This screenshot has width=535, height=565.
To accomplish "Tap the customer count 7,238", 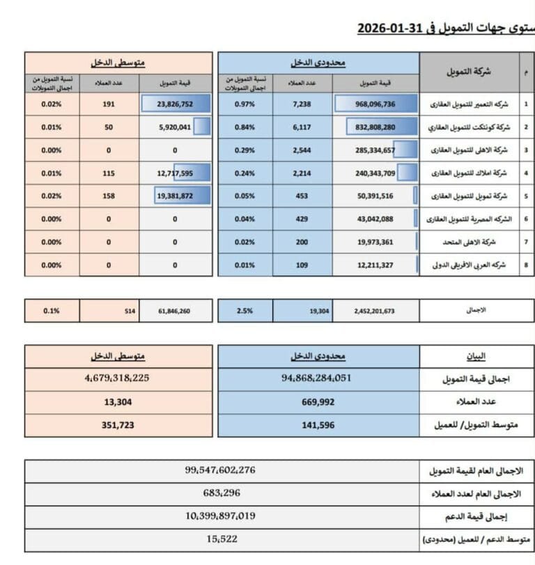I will [x=302, y=104].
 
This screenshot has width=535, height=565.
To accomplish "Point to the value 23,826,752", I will [x=175, y=104].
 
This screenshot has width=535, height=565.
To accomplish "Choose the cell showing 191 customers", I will [x=108, y=104].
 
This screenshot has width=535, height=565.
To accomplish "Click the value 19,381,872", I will [x=175, y=196].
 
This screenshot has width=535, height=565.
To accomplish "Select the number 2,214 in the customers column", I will [x=302, y=173].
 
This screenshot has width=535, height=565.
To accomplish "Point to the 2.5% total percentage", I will [x=245, y=311].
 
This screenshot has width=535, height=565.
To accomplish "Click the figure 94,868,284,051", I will [x=318, y=379].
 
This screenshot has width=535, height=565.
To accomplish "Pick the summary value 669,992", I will [x=318, y=402].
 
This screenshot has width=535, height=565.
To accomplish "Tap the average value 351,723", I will [x=118, y=425].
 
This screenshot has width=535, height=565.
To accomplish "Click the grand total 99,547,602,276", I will [x=220, y=470].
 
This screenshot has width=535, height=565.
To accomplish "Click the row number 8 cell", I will [x=526, y=265].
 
